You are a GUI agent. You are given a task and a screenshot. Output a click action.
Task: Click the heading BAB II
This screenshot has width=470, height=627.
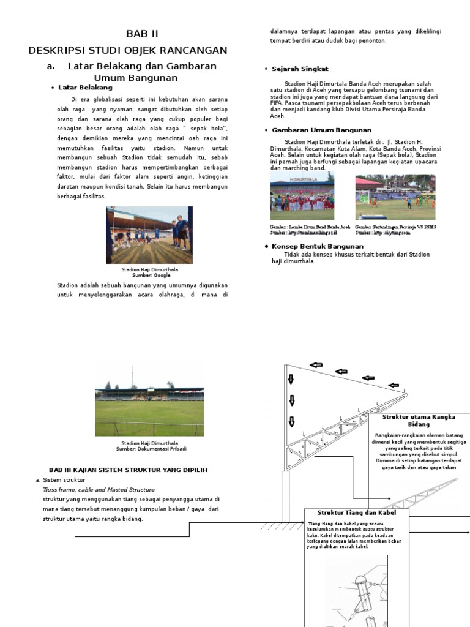[142, 34]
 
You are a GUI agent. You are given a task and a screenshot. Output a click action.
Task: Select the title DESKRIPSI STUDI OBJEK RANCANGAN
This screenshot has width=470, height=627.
[128, 50]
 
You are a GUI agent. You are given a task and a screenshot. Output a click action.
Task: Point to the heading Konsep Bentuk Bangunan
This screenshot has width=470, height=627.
[313, 246]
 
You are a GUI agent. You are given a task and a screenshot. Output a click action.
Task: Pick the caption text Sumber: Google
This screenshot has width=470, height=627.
[150, 276]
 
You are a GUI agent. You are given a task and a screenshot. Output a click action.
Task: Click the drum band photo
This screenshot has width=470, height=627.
[302, 196]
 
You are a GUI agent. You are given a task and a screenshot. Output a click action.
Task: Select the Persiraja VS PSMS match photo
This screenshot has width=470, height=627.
[395, 197]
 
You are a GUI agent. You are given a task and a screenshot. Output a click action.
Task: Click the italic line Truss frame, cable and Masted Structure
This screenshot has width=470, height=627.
[99, 490]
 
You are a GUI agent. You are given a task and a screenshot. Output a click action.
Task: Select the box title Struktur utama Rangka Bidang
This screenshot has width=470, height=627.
[419, 421]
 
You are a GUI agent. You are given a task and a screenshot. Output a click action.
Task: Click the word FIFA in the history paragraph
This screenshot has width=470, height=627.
[277, 103]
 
